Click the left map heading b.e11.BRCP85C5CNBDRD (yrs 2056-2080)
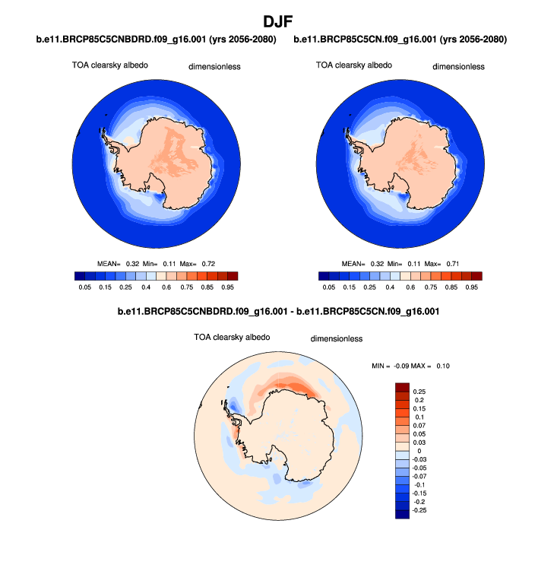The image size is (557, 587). click(x=156, y=39)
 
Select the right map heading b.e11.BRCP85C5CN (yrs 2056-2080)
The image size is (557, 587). click(x=400, y=39)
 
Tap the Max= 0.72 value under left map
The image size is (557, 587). click(x=201, y=263)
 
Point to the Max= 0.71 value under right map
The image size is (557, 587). click(x=445, y=263)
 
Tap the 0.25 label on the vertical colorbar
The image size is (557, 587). click(x=419, y=391)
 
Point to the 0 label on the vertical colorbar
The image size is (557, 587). click(x=415, y=452)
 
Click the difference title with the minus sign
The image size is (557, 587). click(x=278, y=312)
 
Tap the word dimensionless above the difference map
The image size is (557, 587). click(x=337, y=338)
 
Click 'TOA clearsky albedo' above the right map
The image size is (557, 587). click(x=354, y=65)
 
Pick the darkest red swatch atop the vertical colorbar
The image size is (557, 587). click(x=402, y=388)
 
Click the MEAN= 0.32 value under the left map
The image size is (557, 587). click(x=118, y=263)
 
